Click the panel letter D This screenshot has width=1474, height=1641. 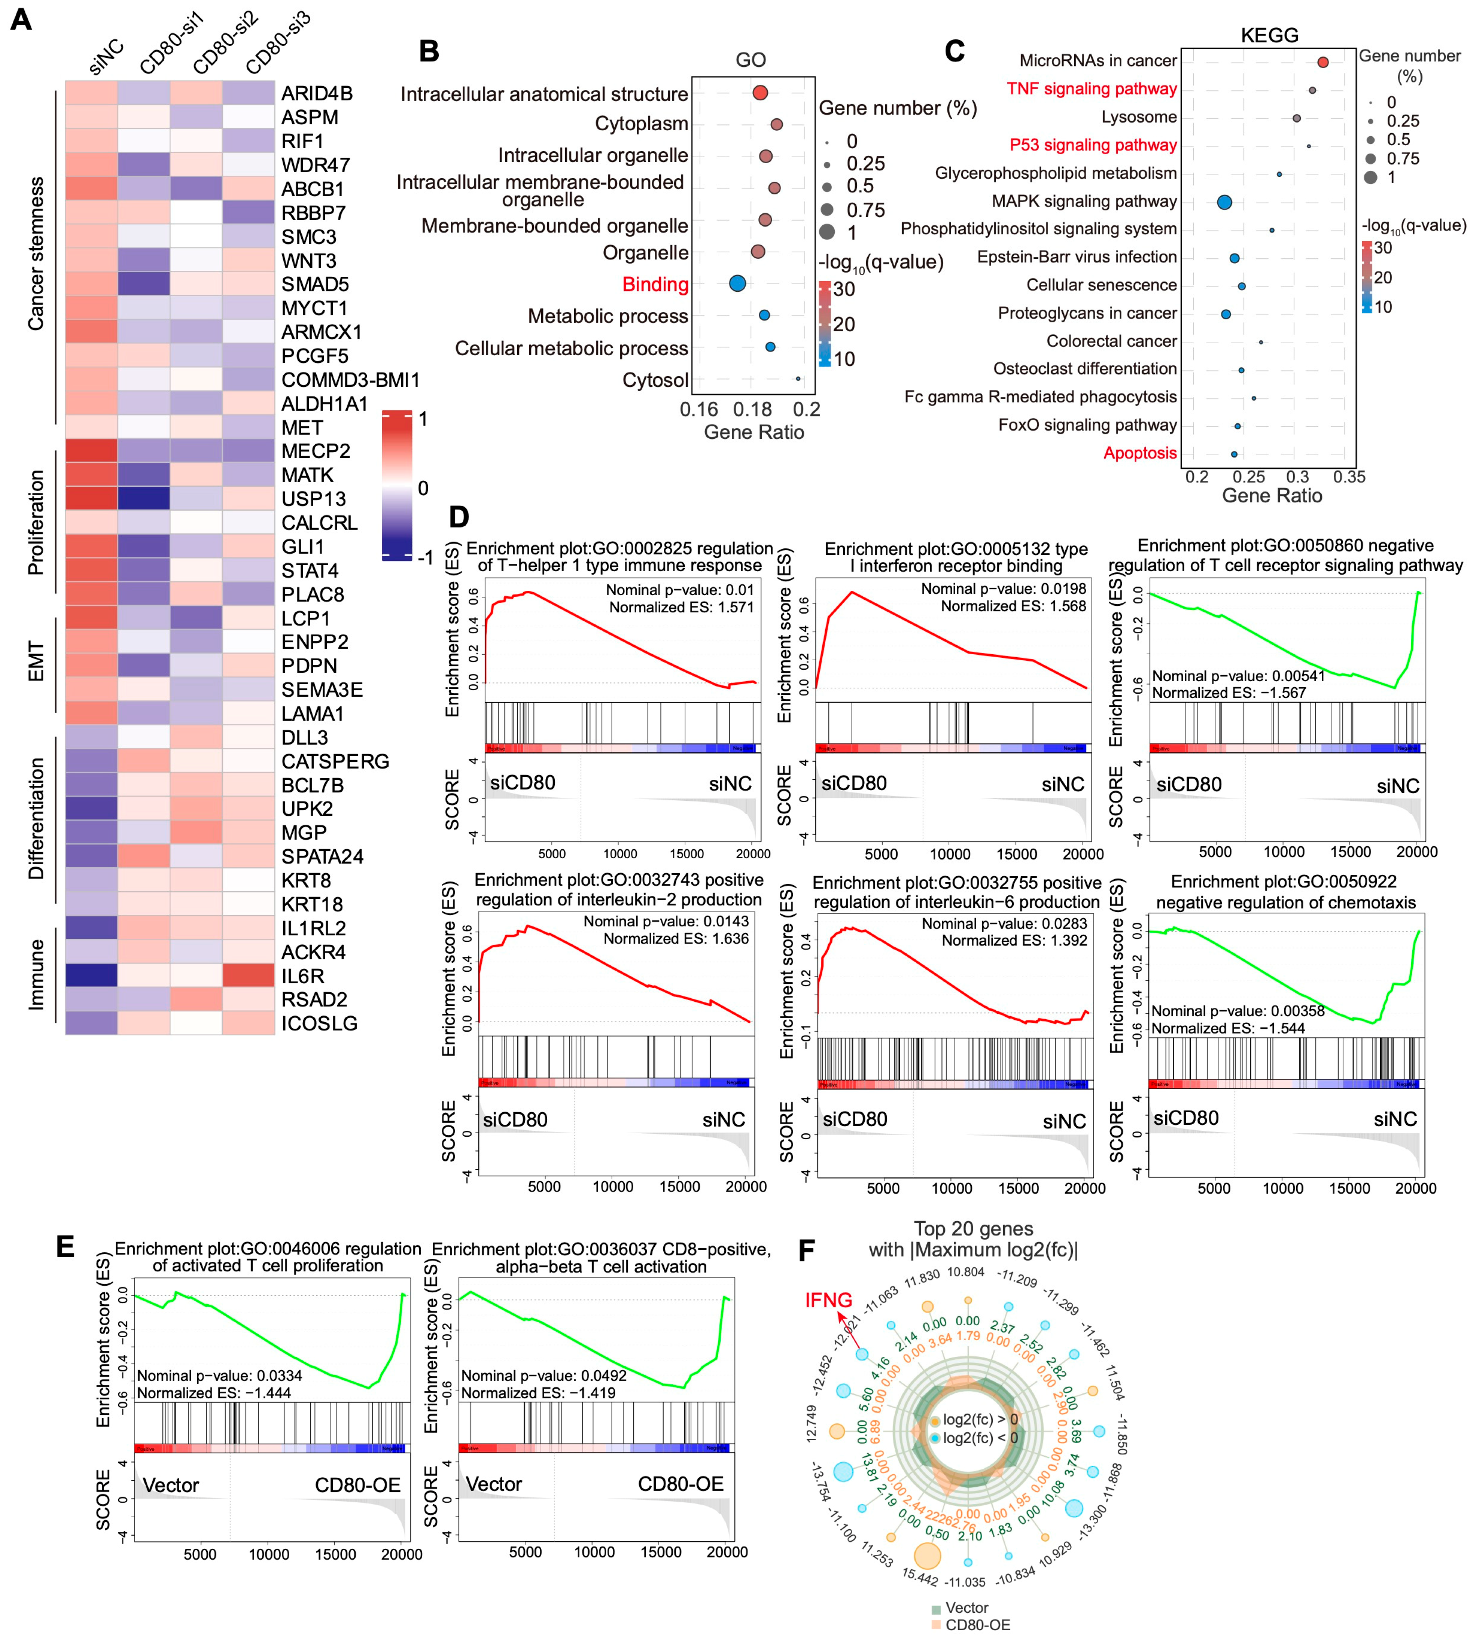coord(458,517)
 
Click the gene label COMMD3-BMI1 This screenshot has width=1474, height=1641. coord(350,380)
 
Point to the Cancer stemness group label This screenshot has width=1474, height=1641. coord(36,254)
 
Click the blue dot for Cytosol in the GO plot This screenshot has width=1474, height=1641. coord(798,378)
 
